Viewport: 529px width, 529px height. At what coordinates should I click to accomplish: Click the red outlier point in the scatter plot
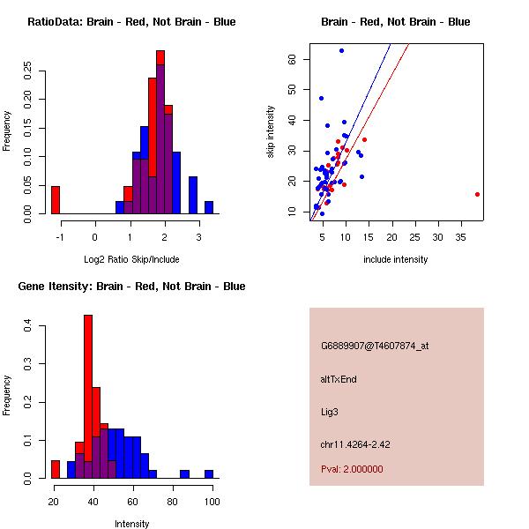tap(477, 194)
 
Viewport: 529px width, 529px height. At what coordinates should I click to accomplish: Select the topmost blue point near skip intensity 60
tap(341, 51)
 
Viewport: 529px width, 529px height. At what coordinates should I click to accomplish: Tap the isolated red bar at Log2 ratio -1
tap(56, 200)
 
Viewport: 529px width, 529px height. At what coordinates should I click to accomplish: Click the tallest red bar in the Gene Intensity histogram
tap(88, 397)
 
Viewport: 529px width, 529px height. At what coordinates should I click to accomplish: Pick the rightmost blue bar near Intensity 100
tap(209, 474)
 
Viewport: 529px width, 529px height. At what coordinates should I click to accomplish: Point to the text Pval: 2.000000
tap(352, 469)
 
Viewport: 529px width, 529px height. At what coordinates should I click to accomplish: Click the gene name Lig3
tap(329, 412)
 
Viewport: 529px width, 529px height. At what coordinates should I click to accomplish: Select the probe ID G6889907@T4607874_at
tap(375, 346)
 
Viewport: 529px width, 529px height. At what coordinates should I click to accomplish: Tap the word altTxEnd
tap(339, 379)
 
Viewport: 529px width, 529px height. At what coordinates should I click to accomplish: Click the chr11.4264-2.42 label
tap(355, 444)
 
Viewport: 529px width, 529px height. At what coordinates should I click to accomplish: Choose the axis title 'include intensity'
tap(395, 259)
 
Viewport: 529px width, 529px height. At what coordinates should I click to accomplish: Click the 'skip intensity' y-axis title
tap(271, 131)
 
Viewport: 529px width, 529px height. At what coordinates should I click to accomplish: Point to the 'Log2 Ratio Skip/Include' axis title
tap(131, 259)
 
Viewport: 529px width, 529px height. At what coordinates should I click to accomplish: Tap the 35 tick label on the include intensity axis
tap(460, 237)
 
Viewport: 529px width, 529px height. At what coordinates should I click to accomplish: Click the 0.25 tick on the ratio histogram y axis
tap(27, 71)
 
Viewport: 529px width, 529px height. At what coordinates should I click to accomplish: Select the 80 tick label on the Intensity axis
tap(173, 502)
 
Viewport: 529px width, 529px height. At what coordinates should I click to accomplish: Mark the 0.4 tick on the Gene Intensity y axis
tap(27, 326)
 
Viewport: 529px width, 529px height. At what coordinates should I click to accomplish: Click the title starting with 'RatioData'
tap(131, 22)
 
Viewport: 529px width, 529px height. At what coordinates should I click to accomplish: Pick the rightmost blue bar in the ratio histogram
tap(209, 207)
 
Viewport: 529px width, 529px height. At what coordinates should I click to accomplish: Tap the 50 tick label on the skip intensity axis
tap(292, 89)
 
